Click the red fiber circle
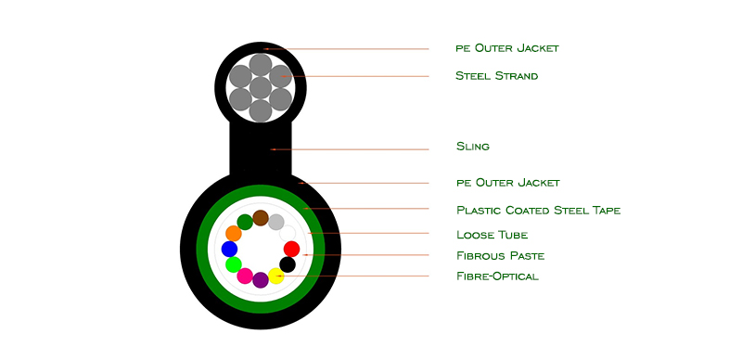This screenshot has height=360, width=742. click(291, 249)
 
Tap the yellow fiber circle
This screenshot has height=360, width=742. click(275, 276)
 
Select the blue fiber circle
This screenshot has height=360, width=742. click(229, 249)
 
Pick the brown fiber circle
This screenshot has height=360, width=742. click(261, 218)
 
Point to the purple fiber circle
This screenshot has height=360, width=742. click(261, 280)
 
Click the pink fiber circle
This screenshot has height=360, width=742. click(245, 276)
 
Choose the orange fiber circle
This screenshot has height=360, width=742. click(234, 234)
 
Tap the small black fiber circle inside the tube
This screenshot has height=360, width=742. click(288, 264)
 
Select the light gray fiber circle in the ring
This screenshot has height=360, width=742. click(275, 222)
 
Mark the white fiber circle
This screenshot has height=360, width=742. click(288, 234)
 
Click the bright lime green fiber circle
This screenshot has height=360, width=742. click(234, 264)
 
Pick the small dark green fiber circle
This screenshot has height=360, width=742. click(245, 222)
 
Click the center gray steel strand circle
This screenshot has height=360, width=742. click(261, 88)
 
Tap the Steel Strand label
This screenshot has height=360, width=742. click(496, 76)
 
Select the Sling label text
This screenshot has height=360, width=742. click(473, 147)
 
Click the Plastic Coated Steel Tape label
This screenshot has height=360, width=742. click(539, 210)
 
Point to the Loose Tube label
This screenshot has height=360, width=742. click(493, 235)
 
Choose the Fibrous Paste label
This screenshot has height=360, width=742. click(500, 256)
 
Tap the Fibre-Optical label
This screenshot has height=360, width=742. click(497, 276)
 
